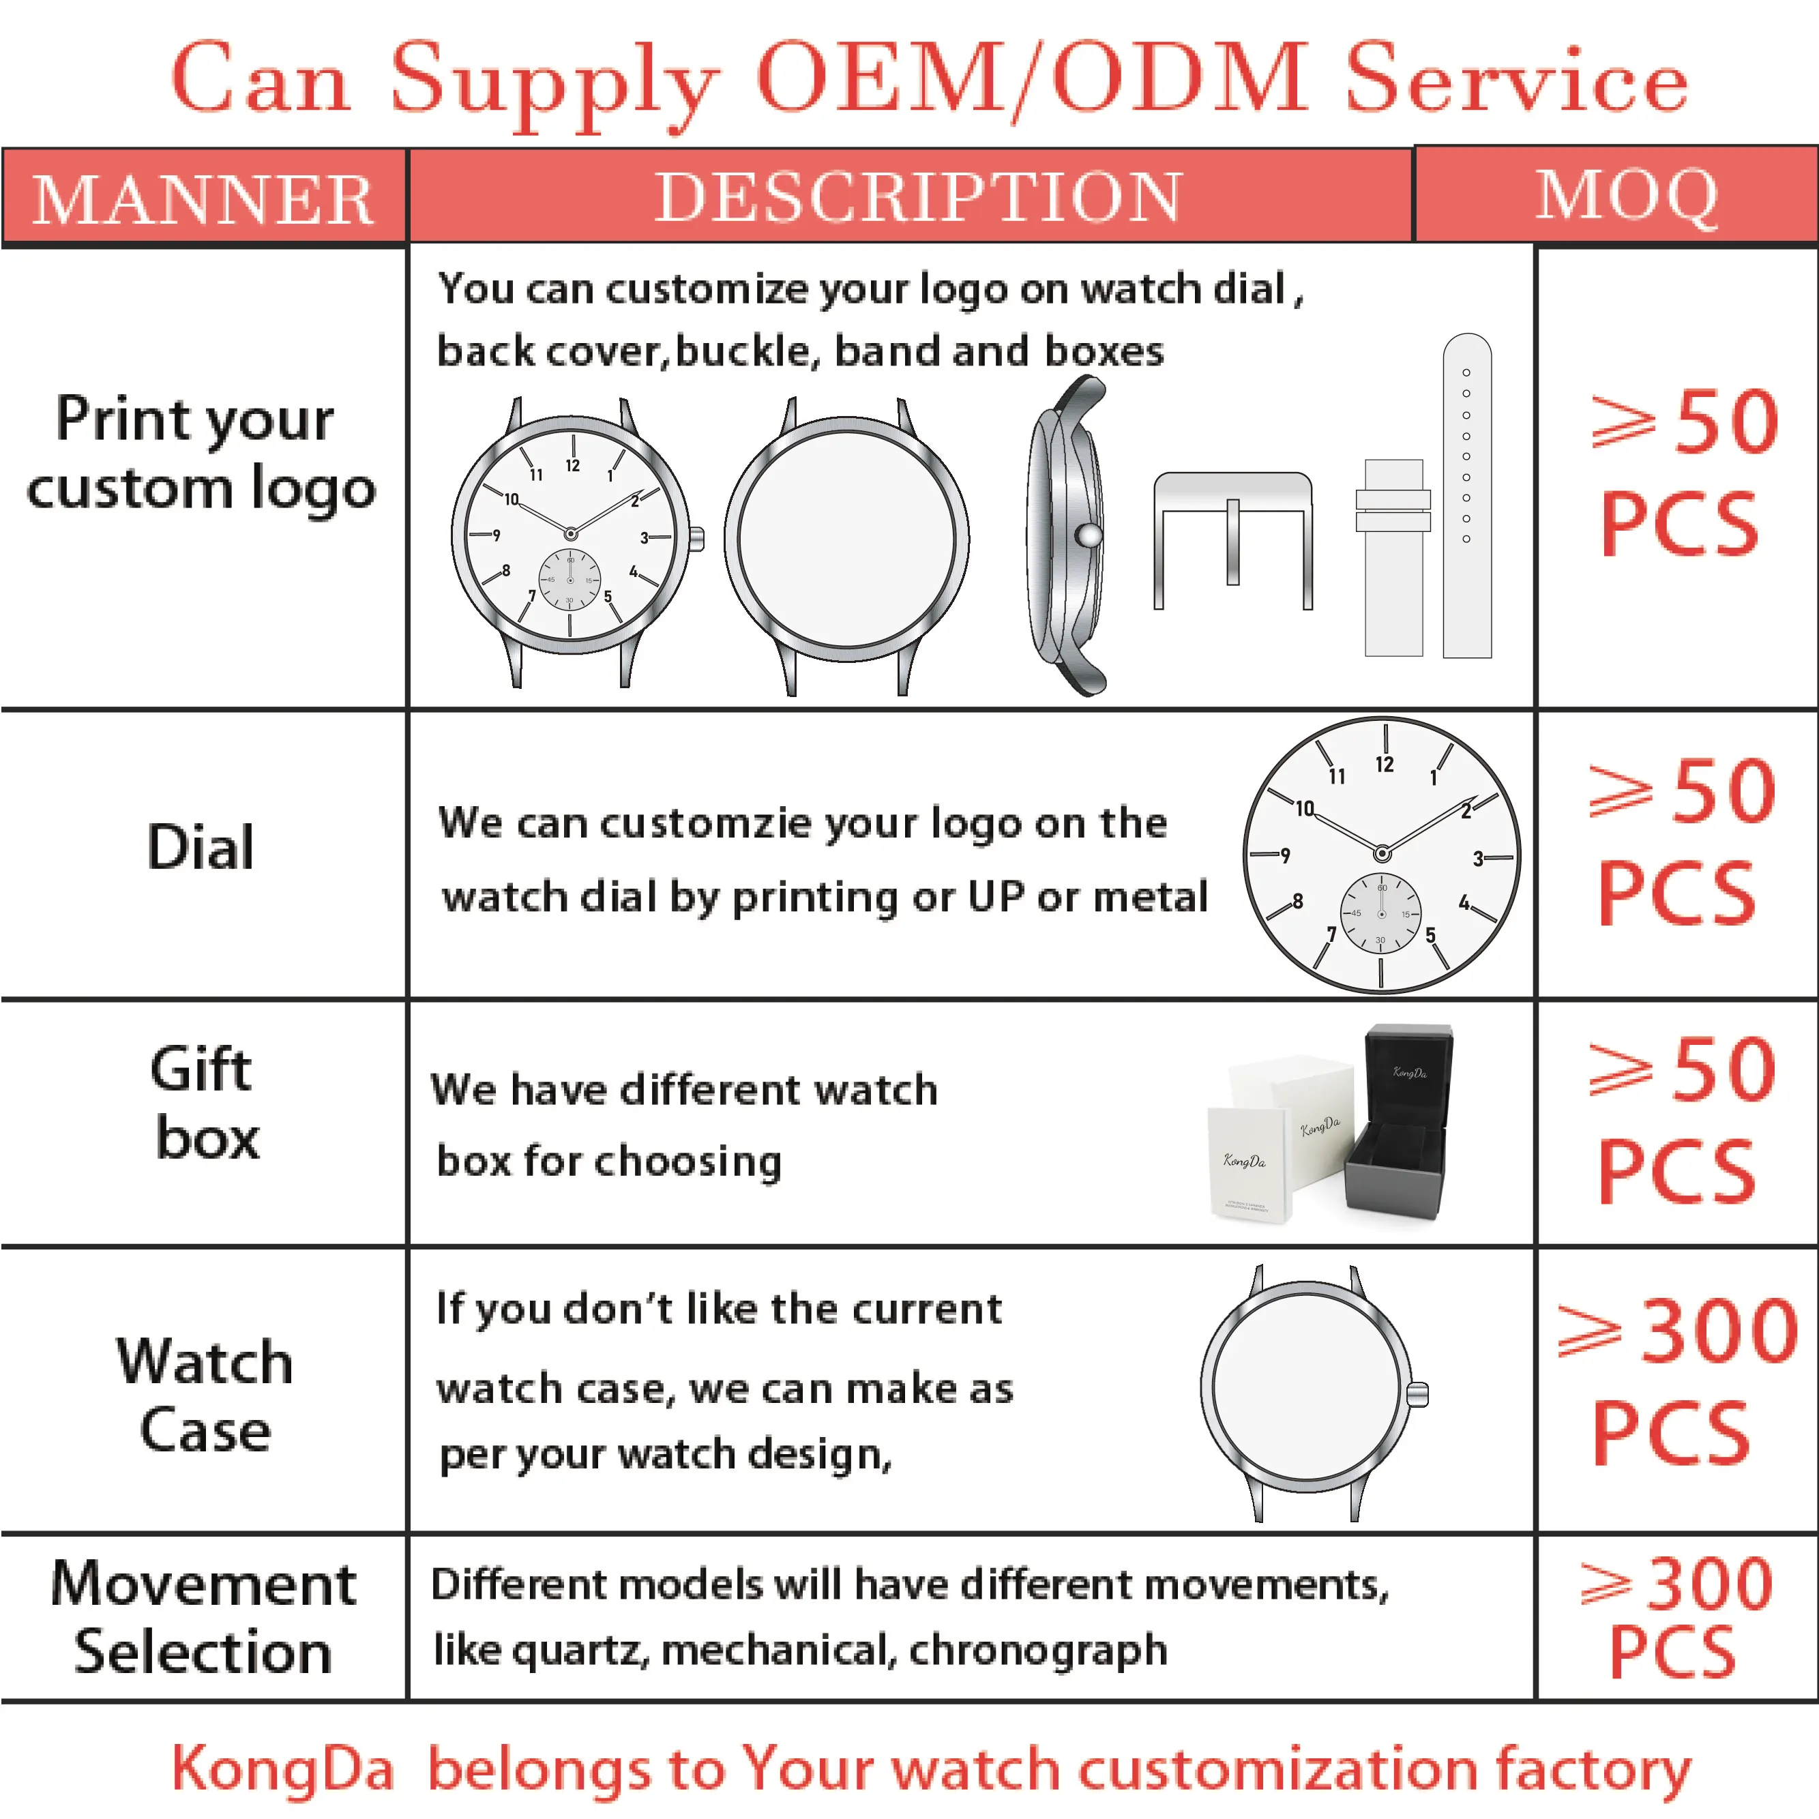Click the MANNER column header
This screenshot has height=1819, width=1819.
(x=203, y=198)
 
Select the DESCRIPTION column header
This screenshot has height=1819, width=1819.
(x=918, y=197)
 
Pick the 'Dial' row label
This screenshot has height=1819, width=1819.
(x=201, y=846)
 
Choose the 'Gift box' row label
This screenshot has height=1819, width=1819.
(x=203, y=1104)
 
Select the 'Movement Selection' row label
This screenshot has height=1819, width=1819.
(x=203, y=1618)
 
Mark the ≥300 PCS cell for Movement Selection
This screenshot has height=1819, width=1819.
(x=1676, y=1618)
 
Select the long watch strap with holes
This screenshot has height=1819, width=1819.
(x=1467, y=495)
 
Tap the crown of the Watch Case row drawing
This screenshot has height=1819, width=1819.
(x=1418, y=1394)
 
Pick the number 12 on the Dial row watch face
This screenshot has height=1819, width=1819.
(x=1384, y=765)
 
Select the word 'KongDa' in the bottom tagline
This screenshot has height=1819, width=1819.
(x=282, y=1768)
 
